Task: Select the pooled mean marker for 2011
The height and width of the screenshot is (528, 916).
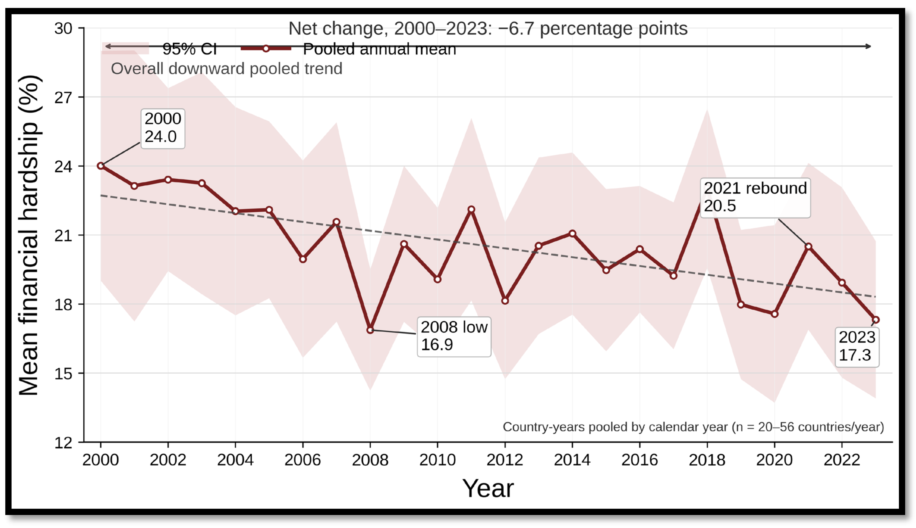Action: tap(471, 209)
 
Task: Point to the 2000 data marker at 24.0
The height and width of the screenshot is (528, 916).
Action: tap(101, 166)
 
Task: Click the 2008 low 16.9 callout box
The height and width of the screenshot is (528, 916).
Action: tap(454, 337)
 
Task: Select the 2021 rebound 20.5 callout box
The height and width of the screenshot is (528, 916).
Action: tap(755, 198)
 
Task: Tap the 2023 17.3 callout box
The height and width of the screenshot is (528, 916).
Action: tap(857, 347)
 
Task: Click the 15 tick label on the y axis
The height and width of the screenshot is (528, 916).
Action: tap(64, 373)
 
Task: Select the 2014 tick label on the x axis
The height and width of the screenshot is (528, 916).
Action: tap(572, 460)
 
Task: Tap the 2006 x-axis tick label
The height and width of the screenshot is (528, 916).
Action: tap(302, 460)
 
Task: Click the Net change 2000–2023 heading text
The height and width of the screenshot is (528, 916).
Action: tap(488, 28)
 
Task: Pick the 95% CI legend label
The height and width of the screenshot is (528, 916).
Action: tap(189, 49)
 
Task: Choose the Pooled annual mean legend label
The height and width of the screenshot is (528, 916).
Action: tap(379, 49)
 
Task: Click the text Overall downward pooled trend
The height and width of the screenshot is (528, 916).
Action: tap(227, 69)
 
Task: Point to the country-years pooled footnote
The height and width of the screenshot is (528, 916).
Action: tap(693, 427)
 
